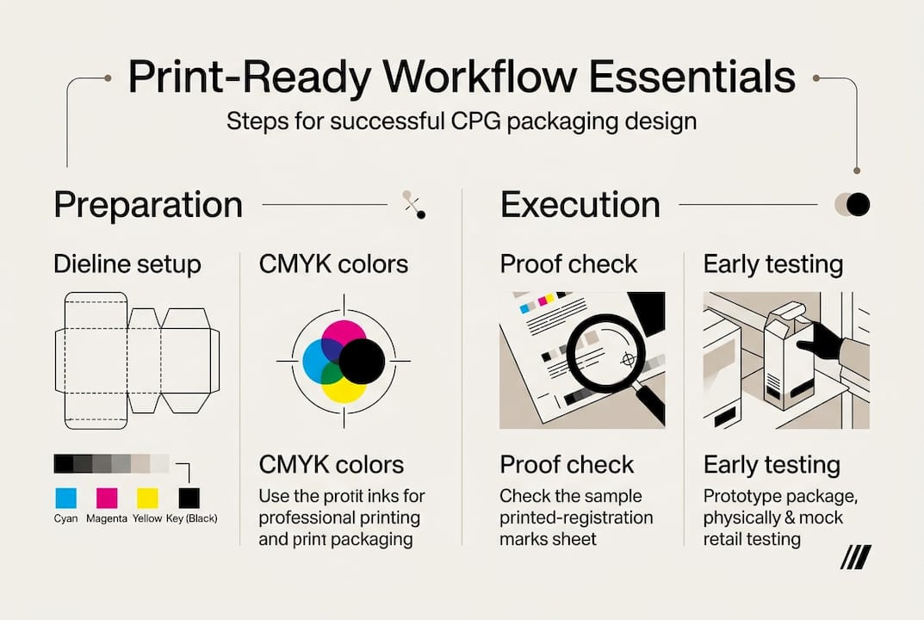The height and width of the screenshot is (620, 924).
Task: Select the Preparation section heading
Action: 148,205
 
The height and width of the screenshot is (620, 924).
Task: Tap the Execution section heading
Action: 580,205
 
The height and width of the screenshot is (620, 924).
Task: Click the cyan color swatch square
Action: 65,497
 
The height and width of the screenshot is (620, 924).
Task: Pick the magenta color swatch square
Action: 107,497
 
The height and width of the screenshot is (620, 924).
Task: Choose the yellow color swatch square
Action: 148,497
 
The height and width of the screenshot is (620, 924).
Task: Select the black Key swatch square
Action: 189,497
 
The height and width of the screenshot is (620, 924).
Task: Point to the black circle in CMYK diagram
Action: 361,361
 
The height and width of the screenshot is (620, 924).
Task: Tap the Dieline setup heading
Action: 127,264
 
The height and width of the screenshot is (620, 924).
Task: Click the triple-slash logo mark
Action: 855,557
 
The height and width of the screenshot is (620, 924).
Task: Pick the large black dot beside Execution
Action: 858,204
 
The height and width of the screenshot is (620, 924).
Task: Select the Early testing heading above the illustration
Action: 772,264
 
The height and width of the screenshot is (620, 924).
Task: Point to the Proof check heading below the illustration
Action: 567,465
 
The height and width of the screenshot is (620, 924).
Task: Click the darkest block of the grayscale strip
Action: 63,463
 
